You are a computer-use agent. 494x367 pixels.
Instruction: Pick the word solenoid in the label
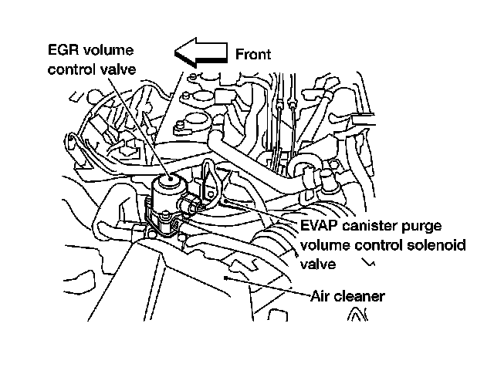[x=430, y=246]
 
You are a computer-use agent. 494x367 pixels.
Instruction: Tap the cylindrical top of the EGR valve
[x=167, y=185]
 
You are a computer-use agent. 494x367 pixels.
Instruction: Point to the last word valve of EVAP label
[x=316, y=264]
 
